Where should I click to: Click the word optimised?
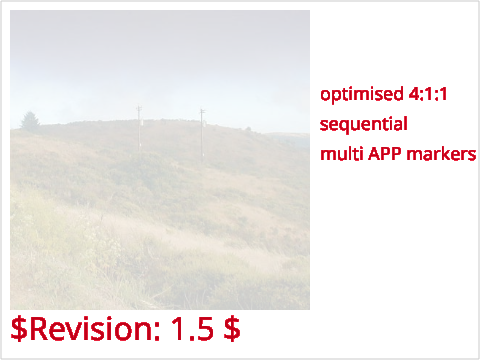point(362,95)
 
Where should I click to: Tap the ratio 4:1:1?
point(428,94)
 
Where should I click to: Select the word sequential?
point(363,125)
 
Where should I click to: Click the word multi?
point(342,154)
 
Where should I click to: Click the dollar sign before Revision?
point(19,329)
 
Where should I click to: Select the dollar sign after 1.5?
point(232,329)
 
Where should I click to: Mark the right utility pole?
point(202,134)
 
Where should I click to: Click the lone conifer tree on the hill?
point(30,121)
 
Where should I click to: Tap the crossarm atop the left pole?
point(139,108)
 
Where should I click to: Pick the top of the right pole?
point(202,109)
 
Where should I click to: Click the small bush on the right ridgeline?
point(248,128)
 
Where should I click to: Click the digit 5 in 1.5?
point(205,329)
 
